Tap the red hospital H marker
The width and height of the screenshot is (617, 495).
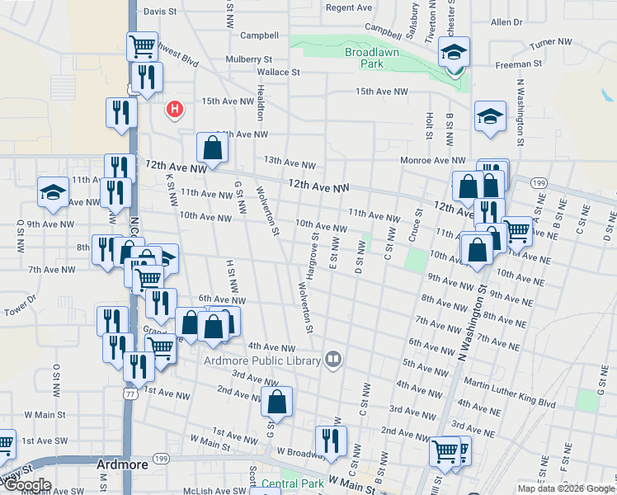point(174,108)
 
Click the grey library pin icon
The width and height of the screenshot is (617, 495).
point(333,358)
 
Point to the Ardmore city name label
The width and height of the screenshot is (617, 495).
point(121,464)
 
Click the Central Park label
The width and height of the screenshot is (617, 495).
point(289,483)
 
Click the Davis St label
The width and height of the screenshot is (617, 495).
point(160,12)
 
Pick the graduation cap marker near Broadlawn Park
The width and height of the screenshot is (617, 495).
point(453,54)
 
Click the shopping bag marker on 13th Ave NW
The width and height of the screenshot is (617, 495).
point(212,148)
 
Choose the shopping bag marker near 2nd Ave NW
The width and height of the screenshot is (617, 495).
point(276,402)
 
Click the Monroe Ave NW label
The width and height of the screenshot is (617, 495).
point(433,160)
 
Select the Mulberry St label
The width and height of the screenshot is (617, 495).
point(249,59)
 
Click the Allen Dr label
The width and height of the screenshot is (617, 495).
point(506,22)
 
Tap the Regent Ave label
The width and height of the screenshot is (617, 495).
point(349,7)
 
